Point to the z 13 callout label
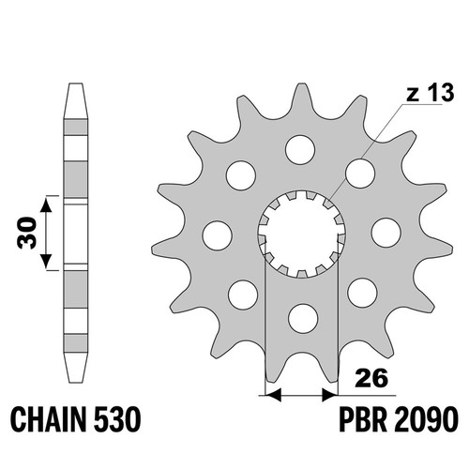coord(430,93)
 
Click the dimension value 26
coord(371,378)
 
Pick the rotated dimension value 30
coord(26,233)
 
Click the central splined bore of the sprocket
coord(301,234)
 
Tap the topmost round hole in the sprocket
coord(300,149)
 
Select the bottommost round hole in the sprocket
coord(303,319)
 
